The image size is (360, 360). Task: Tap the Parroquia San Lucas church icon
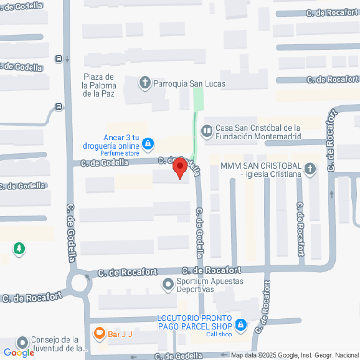[x=145, y=83]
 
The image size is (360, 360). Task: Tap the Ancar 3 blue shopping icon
[x=148, y=144]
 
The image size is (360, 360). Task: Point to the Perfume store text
[x=120, y=153]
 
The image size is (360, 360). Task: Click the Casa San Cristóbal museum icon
[x=207, y=131]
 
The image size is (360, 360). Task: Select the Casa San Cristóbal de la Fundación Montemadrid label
[x=258, y=132]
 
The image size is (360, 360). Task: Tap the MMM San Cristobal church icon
[x=310, y=168]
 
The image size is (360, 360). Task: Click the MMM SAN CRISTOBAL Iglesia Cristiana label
[x=261, y=170]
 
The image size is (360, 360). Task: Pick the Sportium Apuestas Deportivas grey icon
[x=167, y=285]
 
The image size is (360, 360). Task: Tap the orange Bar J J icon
[x=99, y=333]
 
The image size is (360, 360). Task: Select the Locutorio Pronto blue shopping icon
[x=241, y=324]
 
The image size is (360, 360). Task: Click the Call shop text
[x=219, y=334]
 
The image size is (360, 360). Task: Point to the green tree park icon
[x=19, y=249]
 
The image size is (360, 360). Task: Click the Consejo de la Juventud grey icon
[x=23, y=343]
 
